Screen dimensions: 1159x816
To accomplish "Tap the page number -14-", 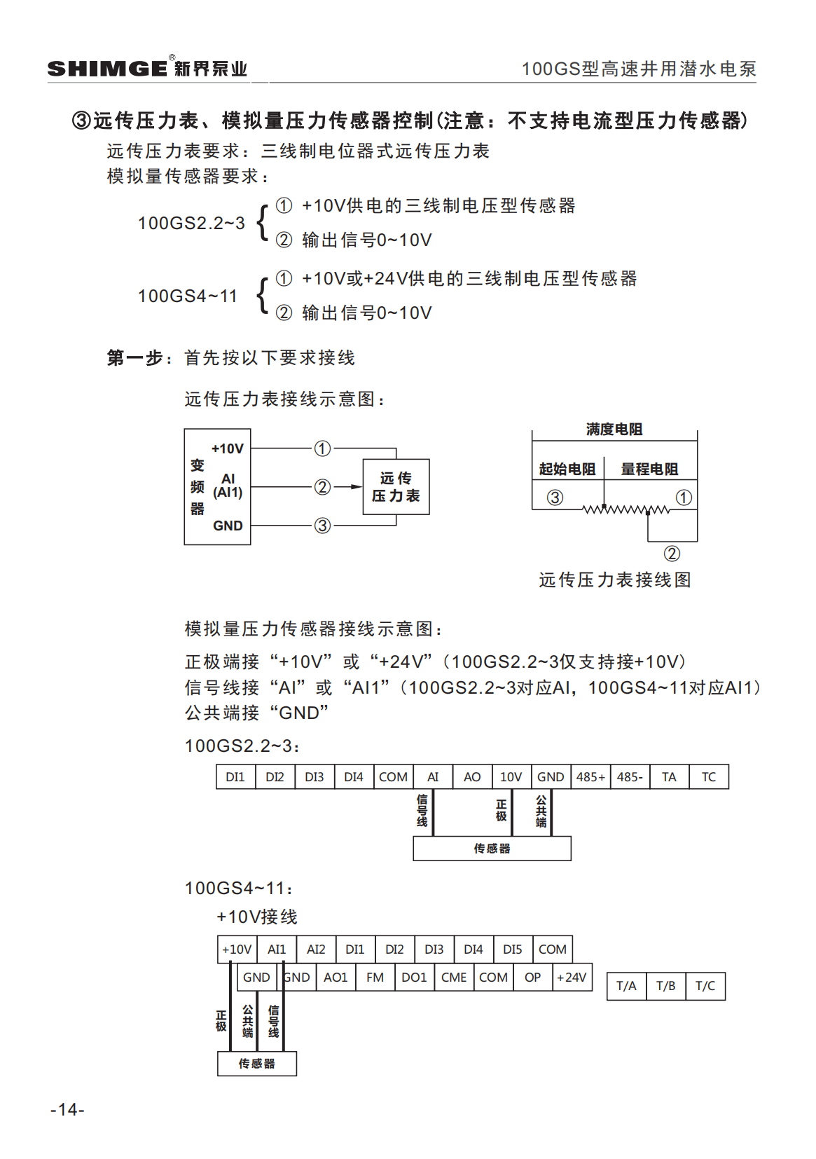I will click(67, 1109).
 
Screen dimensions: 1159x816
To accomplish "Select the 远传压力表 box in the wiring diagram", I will click(396, 487).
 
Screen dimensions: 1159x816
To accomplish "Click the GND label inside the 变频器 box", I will click(228, 526).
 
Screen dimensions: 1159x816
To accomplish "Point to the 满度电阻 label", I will click(614, 429).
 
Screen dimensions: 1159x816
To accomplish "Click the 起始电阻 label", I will click(567, 469).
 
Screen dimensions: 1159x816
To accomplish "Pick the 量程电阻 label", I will click(649, 469).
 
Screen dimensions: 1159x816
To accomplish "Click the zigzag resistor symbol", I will click(625, 509).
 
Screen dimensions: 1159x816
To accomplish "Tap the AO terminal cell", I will click(472, 777).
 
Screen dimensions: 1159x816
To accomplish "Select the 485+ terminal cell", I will click(590, 777).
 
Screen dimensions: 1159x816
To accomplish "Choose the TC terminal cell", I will click(709, 777).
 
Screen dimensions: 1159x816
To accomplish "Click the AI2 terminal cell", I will click(316, 949).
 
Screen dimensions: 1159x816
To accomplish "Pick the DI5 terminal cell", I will click(513, 949).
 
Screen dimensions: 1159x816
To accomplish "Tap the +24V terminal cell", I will click(572, 978).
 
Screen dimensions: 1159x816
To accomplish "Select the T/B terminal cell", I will click(665, 986).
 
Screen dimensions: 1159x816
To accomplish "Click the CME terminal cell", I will click(454, 978).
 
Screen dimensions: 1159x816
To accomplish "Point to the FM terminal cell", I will click(375, 978).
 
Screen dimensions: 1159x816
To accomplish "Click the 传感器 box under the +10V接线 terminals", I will click(257, 1064).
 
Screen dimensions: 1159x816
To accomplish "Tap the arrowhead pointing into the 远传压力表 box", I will click(357, 486).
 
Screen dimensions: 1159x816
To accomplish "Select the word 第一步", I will click(135, 358).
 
